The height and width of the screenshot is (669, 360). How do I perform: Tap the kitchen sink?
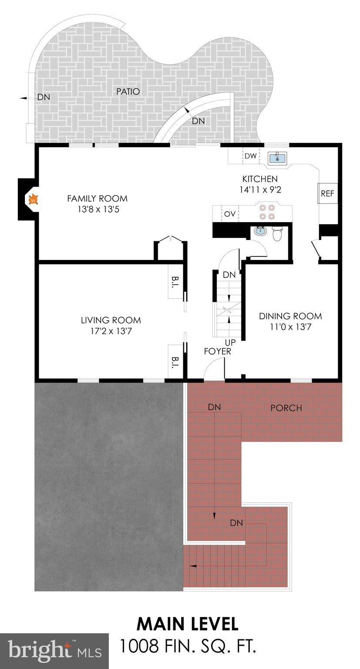[277, 158]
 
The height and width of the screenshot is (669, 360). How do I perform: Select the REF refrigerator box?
[327, 193]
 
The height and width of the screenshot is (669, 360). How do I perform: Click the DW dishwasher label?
[250, 156]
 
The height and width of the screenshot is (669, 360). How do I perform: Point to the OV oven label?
[229, 214]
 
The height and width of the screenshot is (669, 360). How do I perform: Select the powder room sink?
[260, 231]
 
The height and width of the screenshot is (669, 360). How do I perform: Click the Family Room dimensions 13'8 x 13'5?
[97, 209]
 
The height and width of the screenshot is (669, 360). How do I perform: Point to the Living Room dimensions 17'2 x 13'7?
[111, 331]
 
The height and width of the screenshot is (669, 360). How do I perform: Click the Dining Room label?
[290, 316]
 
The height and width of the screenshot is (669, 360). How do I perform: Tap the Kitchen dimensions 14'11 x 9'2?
[260, 190]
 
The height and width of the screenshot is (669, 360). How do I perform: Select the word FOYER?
[218, 351]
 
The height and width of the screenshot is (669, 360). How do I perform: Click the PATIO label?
[128, 91]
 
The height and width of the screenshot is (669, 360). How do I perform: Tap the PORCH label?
[286, 408]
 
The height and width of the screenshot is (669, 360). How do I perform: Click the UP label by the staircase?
[230, 342]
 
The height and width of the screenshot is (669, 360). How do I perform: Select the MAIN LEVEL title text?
[187, 624]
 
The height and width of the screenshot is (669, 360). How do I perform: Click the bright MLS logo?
[54, 651]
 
